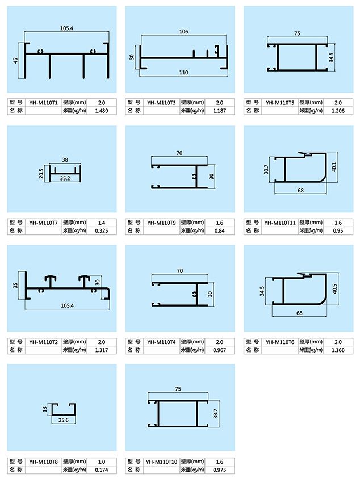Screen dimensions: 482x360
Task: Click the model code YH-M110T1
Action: coord(44,102)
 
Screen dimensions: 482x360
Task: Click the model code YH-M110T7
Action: coord(44,222)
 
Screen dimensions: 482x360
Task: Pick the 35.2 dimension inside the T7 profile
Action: coord(66,178)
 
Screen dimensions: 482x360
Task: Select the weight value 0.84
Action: coord(220,230)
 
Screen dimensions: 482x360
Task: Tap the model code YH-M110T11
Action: coord(280,222)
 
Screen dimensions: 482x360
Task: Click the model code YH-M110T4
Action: coord(162,342)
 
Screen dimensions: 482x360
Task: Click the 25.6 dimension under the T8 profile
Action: coord(64,420)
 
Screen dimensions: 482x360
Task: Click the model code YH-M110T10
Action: coord(162,461)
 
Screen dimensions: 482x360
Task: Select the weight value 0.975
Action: coord(220,470)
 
